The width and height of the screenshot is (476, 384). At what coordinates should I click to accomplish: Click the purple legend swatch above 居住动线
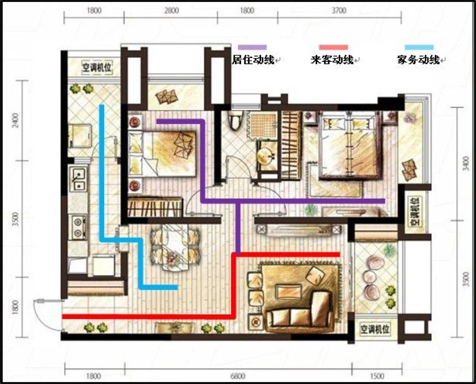pyautogui.click(x=252, y=47)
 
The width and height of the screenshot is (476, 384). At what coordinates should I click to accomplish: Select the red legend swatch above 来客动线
pyautogui.click(x=333, y=47)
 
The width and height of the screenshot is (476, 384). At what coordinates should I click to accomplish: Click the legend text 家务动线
pyautogui.click(x=418, y=60)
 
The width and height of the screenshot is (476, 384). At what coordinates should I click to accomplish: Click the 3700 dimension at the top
pyautogui.click(x=339, y=10)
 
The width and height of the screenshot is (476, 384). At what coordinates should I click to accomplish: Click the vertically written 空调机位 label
pyautogui.click(x=414, y=212)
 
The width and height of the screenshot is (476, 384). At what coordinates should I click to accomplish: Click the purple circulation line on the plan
pyautogui.click(x=295, y=201)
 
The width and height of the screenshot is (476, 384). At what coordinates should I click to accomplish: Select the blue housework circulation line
pyautogui.click(x=102, y=172)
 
